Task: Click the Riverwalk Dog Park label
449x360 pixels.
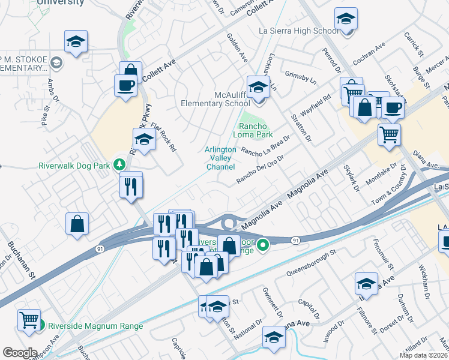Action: pyautogui.click(x=76, y=165)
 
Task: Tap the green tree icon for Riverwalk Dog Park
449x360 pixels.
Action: pyautogui.click(x=120, y=164)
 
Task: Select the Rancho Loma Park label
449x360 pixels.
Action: pyautogui.click(x=256, y=131)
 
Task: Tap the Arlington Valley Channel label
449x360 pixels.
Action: pyautogui.click(x=220, y=158)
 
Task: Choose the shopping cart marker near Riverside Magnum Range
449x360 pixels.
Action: pyautogui.click(x=28, y=320)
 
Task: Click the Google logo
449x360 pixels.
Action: pyautogui.click(x=20, y=352)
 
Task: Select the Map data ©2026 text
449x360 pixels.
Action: pyautogui.click(x=423, y=355)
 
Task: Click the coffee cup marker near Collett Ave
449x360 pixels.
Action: pyautogui.click(x=125, y=85)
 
